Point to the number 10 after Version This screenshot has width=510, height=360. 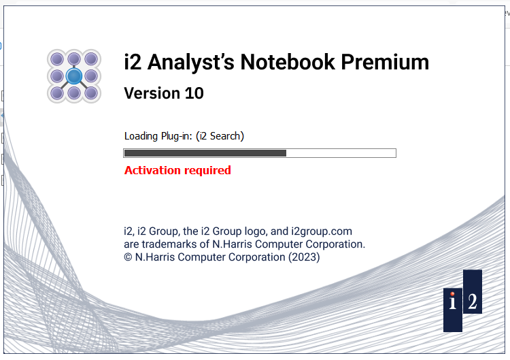(x=194, y=93)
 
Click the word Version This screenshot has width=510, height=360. (x=152, y=93)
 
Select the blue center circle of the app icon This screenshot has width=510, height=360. (x=74, y=76)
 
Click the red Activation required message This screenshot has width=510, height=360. (x=177, y=170)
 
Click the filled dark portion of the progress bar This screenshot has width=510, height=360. (x=205, y=153)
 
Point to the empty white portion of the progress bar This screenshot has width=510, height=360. (x=340, y=153)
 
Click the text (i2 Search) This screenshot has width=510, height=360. (x=220, y=136)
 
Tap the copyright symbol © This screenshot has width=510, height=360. (x=128, y=257)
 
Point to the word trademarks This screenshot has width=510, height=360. (x=171, y=244)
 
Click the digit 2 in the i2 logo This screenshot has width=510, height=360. (x=473, y=301)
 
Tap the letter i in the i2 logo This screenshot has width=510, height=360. (x=453, y=301)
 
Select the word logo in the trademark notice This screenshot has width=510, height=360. (x=248, y=231)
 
